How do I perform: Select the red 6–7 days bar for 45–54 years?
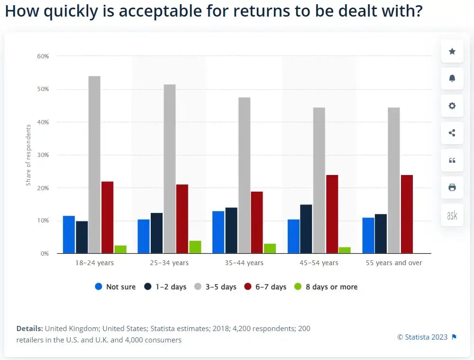[x=332, y=214]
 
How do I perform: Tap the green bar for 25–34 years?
[x=195, y=247]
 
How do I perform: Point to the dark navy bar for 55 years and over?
[x=381, y=234]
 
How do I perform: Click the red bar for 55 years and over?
[x=407, y=214]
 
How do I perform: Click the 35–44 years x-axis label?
[x=244, y=263]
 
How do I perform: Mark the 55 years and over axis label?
[x=393, y=263]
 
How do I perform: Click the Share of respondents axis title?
[x=28, y=155]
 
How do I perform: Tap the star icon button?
[x=452, y=51]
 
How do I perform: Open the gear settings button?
[x=452, y=106]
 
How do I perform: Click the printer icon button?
[x=452, y=187]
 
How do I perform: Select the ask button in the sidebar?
[x=452, y=215]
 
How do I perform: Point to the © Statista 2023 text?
[x=422, y=337]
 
